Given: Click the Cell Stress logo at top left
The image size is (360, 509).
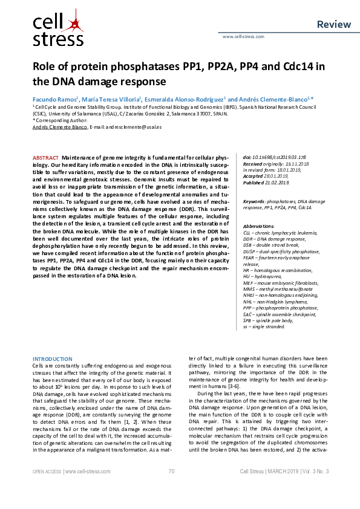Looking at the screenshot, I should pyautogui.click(x=57, y=31).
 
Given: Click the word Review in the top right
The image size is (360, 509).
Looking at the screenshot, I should pyautogui.click(x=333, y=24).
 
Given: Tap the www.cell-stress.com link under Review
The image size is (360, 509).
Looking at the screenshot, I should pyautogui.click(x=243, y=36).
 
